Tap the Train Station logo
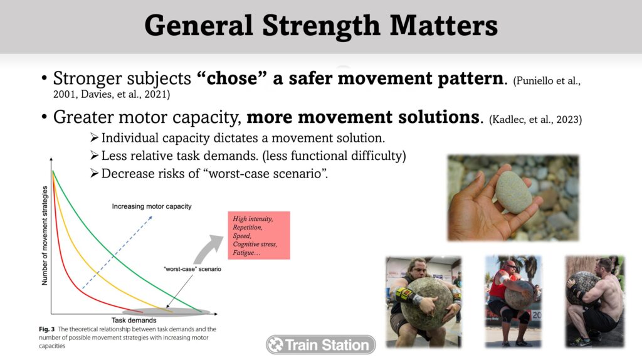(x=320, y=345)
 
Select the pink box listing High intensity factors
(x=259, y=235)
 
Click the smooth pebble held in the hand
(x=513, y=192)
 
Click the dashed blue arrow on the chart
(x=117, y=252)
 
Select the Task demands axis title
(x=134, y=320)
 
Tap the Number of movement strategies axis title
(x=45, y=235)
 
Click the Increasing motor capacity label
(x=152, y=206)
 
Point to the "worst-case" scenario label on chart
(x=192, y=269)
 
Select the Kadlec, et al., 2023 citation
(x=535, y=120)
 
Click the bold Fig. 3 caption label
(x=46, y=329)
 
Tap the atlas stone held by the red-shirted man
(x=518, y=295)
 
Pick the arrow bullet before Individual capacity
(x=94, y=137)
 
